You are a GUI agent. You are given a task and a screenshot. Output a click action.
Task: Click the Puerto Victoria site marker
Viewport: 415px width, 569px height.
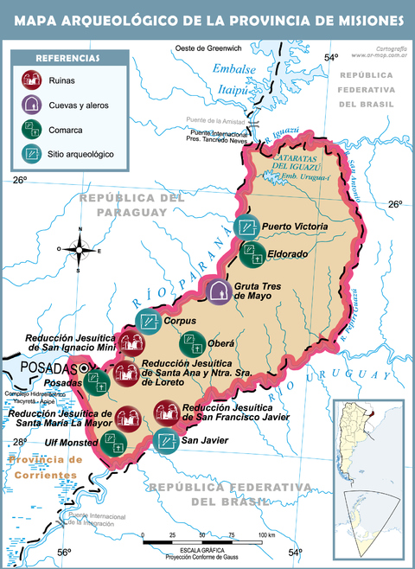246,227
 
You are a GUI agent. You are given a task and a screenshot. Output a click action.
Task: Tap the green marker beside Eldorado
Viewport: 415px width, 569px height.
254,254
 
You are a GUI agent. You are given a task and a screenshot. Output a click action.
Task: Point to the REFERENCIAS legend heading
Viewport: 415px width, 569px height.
67,58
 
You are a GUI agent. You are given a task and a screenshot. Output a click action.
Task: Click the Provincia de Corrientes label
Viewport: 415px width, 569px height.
43,466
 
